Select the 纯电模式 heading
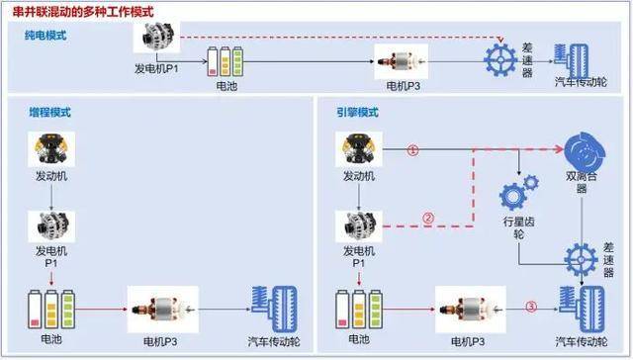(46, 36)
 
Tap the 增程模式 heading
(46, 113)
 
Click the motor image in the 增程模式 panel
(162, 309)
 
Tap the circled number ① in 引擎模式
(413, 150)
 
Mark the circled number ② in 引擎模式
(427, 219)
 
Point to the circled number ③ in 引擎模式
(530, 308)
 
